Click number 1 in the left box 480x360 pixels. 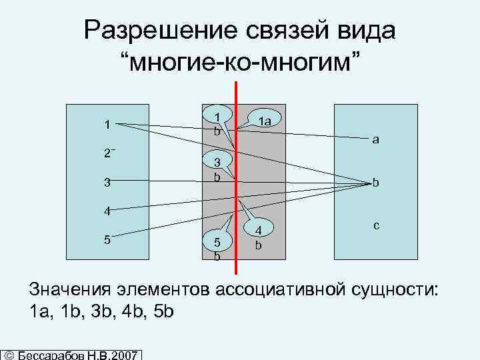click(106, 123)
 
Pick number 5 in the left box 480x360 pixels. click(106, 239)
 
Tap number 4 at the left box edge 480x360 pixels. click(106, 211)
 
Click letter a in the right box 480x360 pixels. click(376, 140)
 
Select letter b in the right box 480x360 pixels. click(376, 183)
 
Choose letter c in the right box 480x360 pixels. click(376, 226)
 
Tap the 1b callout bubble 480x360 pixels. click(218, 122)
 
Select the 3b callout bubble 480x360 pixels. click(217, 171)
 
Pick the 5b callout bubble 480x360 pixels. click(217, 247)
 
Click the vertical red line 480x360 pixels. click(236, 200)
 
